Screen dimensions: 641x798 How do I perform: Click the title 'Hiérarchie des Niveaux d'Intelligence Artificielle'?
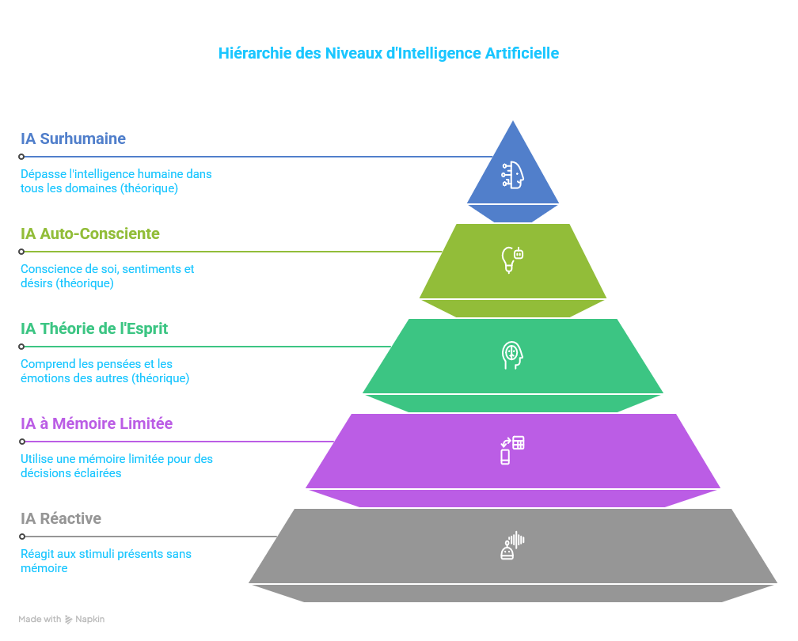coord(389,54)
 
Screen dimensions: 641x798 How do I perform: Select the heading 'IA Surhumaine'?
coord(74,139)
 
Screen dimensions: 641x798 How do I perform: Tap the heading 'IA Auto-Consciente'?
coord(90,234)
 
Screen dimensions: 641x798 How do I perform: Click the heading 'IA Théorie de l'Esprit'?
coord(94,329)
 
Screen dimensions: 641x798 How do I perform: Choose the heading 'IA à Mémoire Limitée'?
coord(97,424)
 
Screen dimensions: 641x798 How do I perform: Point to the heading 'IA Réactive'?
coord(61,519)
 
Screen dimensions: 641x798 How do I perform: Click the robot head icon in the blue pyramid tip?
coord(513,174)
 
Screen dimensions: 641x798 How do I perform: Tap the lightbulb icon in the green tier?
coord(512,260)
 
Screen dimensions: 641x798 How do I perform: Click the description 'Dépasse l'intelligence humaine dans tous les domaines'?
coord(116,181)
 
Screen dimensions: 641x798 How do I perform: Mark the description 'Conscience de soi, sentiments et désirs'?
coord(107,276)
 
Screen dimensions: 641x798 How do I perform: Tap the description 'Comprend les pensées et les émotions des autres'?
coord(104,371)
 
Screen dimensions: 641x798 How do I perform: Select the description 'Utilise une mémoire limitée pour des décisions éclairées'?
coord(116,466)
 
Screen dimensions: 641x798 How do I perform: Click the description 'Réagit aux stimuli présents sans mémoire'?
coord(105,561)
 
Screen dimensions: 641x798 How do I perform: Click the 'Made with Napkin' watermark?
coord(62,620)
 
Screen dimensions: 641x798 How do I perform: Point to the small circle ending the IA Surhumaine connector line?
coord(22,157)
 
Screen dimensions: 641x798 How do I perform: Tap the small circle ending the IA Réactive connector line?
coord(22,537)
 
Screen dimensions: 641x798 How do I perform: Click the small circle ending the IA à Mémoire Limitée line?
coord(22,442)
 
